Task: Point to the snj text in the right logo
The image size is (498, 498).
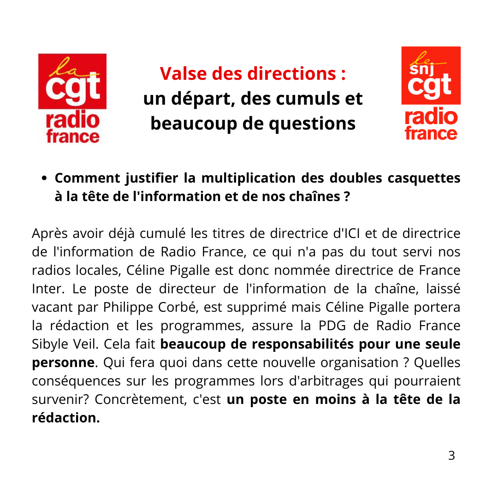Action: coord(417,69)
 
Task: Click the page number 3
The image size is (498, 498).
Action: coord(451,456)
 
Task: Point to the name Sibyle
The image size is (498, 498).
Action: coord(49,344)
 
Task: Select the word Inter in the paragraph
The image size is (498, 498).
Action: coord(46,289)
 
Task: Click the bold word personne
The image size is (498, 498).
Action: coord(63,362)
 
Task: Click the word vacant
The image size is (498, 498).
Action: coord(49,307)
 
